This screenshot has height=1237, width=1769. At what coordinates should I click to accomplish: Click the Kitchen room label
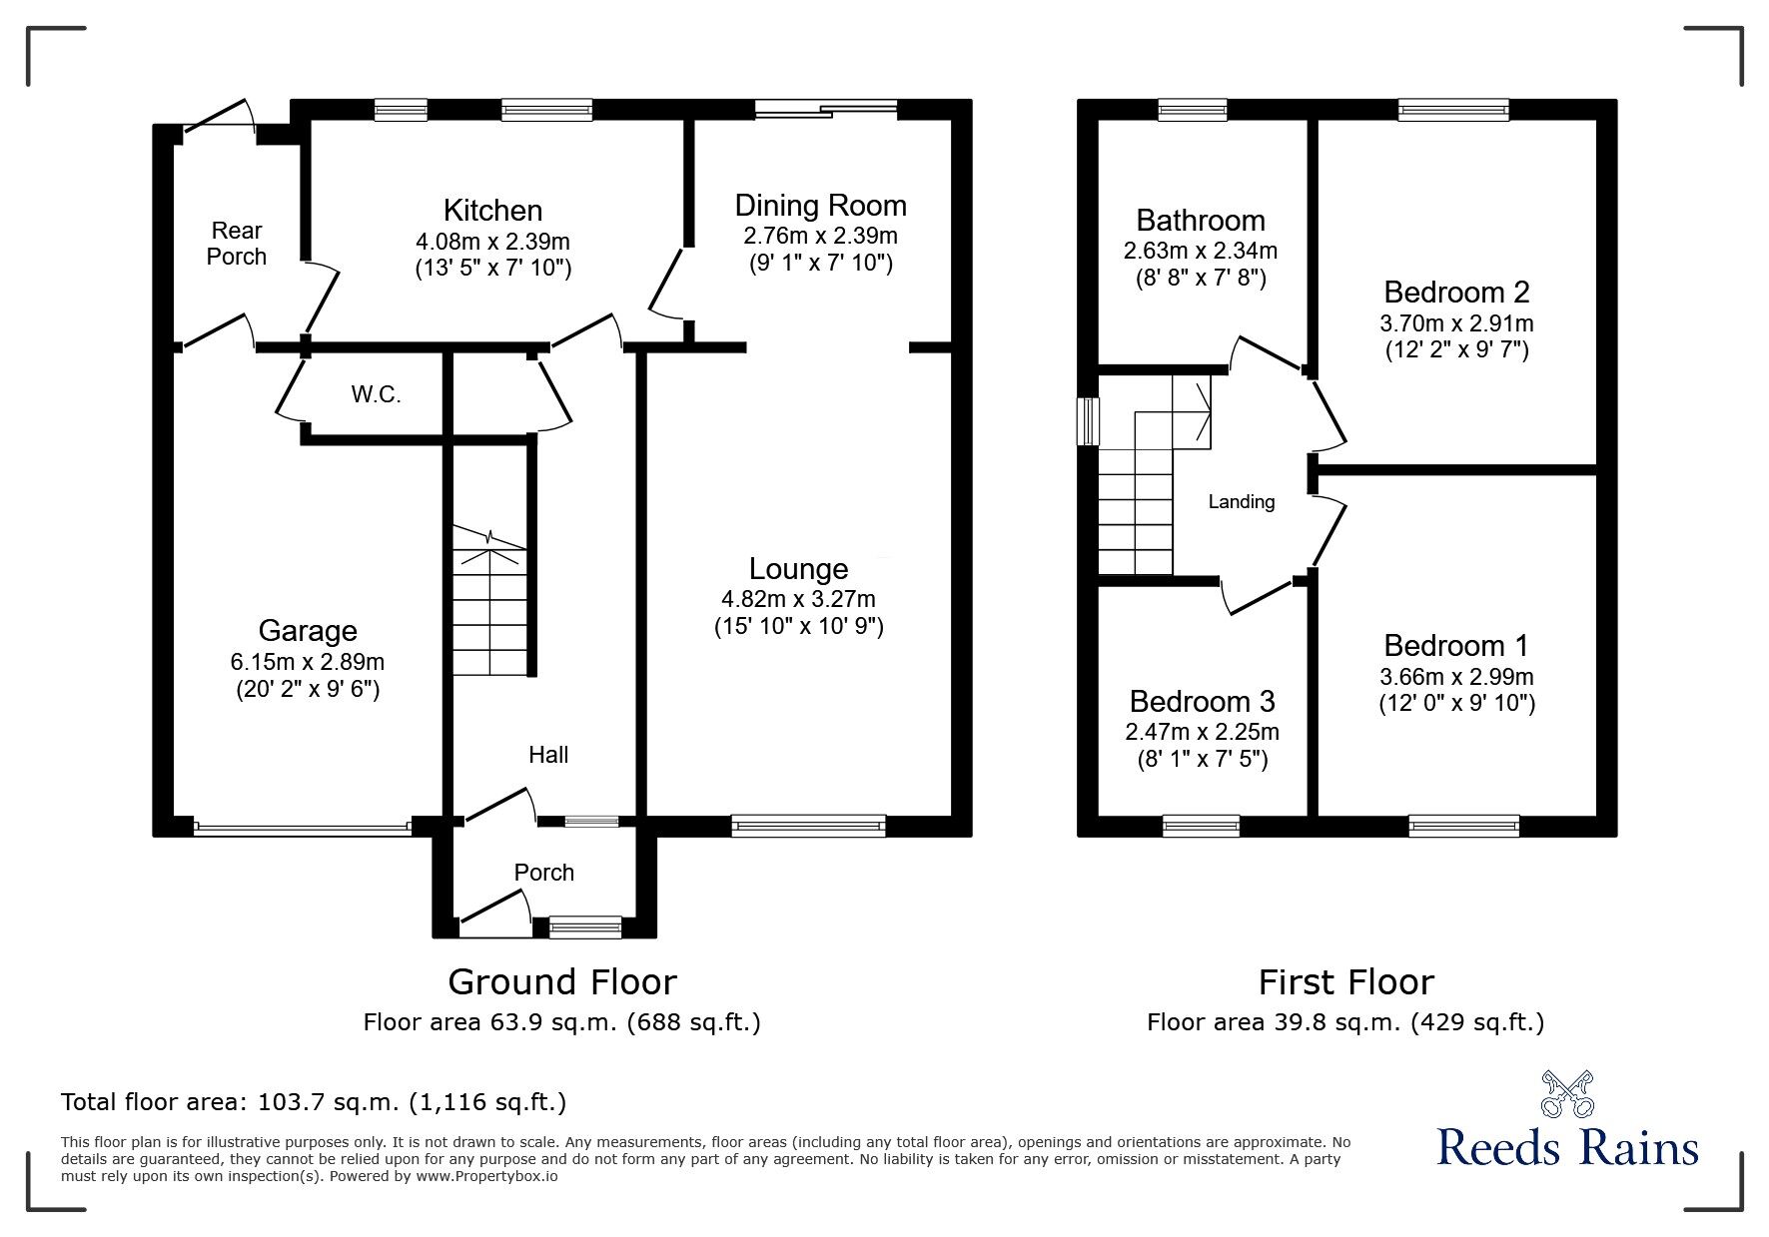492,211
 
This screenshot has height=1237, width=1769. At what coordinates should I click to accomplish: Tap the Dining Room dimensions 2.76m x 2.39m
820,236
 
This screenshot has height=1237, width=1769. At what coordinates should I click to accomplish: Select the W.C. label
376,394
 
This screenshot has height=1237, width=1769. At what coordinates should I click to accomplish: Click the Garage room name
307,631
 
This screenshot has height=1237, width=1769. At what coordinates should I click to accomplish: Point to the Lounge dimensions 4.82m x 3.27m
798,599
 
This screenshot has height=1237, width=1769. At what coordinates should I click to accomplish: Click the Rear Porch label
237,244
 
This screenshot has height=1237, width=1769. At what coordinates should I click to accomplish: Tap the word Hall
548,755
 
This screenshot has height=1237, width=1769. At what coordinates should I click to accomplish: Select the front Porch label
543,873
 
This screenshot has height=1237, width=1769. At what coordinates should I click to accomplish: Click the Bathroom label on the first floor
1200,220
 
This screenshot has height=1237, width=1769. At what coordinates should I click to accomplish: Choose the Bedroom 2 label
1456,293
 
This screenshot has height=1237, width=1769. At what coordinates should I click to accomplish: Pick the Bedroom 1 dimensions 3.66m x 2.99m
1456,677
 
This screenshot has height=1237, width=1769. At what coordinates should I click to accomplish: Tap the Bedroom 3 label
1202,701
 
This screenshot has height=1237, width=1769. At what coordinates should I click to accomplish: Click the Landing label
1241,502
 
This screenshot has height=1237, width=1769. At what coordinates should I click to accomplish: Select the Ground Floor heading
561,982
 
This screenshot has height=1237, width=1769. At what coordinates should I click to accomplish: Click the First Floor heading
1345,982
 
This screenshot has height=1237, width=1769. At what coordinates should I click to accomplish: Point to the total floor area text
314,1102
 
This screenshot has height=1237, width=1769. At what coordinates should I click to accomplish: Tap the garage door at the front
302,827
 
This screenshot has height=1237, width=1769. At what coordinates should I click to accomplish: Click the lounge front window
808,825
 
